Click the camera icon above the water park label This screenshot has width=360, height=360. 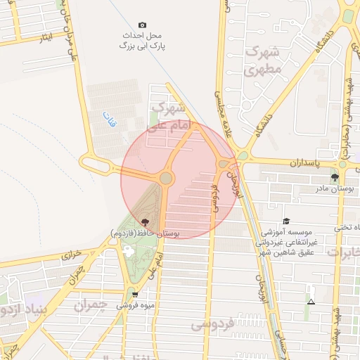(x=143, y=25)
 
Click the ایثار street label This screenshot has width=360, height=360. (x=46, y=35)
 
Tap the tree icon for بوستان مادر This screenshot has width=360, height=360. (x=334, y=177)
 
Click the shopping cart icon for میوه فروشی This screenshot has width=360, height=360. (x=134, y=295)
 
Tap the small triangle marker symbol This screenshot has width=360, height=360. (x=311, y=302)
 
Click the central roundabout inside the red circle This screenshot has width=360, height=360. (x=166, y=179)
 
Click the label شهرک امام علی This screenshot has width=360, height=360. (x=167, y=117)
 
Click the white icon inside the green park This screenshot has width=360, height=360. (x=128, y=250)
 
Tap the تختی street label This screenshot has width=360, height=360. (x=347, y=227)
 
